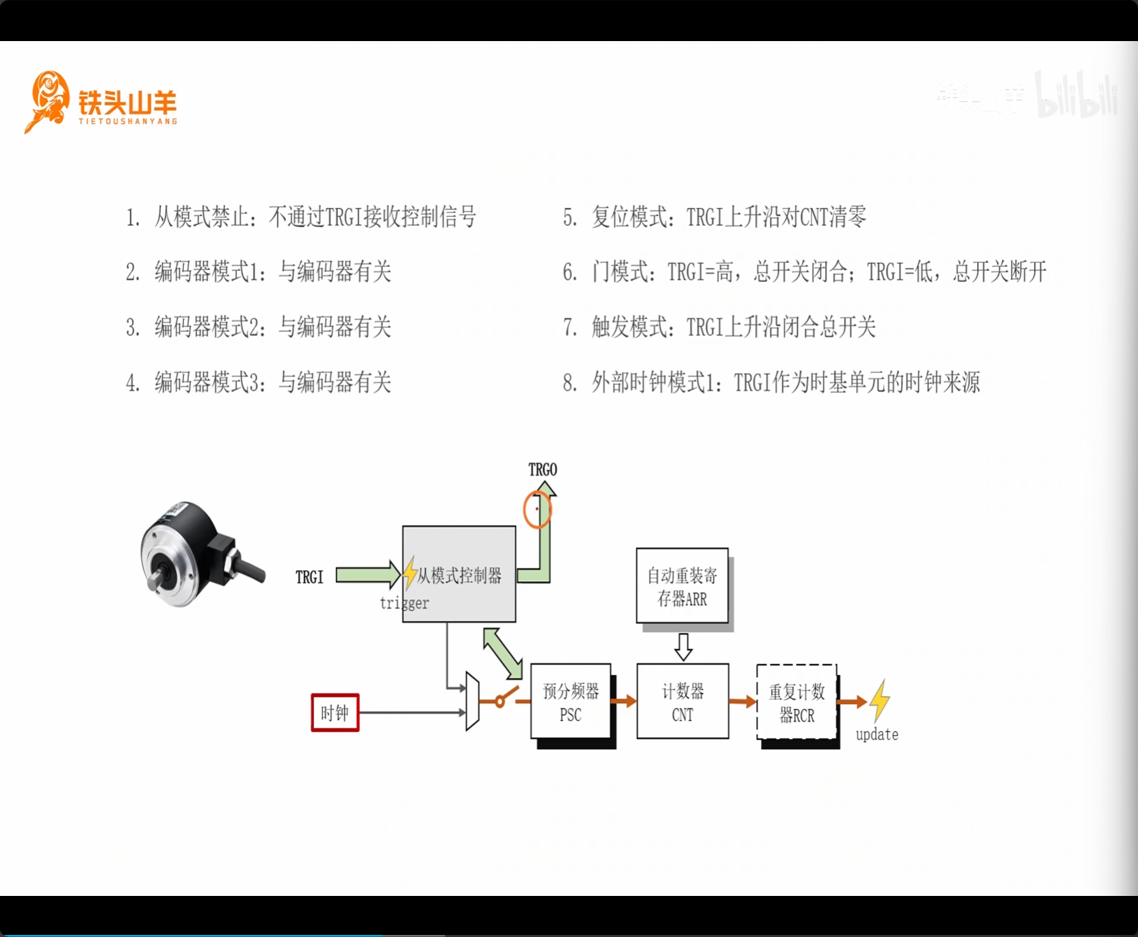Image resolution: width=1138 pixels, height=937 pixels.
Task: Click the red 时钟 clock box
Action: pyautogui.click(x=335, y=713)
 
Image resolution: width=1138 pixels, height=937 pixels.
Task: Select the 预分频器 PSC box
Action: pyautogui.click(x=571, y=702)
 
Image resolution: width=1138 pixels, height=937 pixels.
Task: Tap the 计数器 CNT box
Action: pyautogui.click(x=682, y=702)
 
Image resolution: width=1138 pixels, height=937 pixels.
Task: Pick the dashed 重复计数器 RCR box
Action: pyautogui.click(x=797, y=702)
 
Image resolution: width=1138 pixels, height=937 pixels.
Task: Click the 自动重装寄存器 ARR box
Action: pyautogui.click(x=682, y=586)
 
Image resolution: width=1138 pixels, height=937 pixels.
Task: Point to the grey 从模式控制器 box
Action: pyautogui.click(x=459, y=574)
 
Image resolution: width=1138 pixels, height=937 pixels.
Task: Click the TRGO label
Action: pyautogui.click(x=543, y=470)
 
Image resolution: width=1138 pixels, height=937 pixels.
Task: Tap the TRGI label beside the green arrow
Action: pyautogui.click(x=309, y=577)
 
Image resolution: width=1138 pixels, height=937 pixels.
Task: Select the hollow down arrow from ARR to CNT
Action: pyautogui.click(x=683, y=646)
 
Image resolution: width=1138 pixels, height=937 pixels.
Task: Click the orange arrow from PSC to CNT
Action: pyautogui.click(x=623, y=701)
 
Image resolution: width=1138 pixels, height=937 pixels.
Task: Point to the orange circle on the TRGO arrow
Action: pyautogui.click(x=537, y=509)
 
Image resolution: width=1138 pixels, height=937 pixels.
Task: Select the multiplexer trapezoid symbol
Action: pyautogui.click(x=472, y=701)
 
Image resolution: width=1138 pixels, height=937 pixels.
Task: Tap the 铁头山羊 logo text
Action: pyautogui.click(x=127, y=103)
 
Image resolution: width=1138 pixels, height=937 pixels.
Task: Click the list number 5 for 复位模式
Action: pyautogui.click(x=570, y=218)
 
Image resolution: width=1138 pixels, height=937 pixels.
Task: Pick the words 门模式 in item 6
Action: pyautogui.click(x=620, y=272)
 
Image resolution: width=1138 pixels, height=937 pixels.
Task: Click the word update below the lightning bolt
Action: pyautogui.click(x=877, y=734)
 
